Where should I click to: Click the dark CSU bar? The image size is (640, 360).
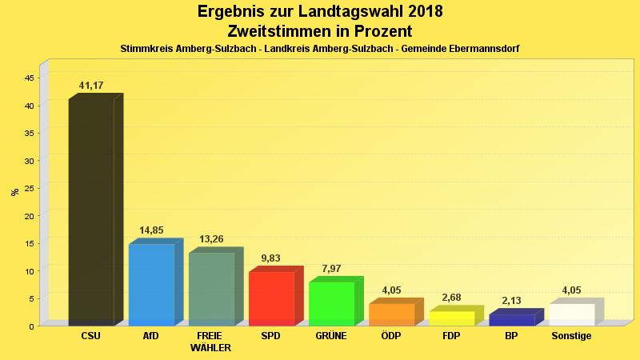pyautogui.click(x=91, y=212)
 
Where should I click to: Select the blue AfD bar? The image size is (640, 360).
pyautogui.click(x=151, y=284)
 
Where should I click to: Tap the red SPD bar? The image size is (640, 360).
pyautogui.click(x=271, y=298)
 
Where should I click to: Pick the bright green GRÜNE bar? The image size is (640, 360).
pyautogui.click(x=331, y=303)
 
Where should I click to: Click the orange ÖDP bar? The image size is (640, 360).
pyautogui.click(x=391, y=314)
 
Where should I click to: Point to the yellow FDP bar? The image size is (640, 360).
pyautogui.click(x=451, y=318)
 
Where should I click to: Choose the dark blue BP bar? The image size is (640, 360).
pyautogui.click(x=511, y=319)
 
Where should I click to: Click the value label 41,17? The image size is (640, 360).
pyautogui.click(x=91, y=86)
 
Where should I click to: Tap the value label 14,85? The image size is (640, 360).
pyautogui.click(x=151, y=230)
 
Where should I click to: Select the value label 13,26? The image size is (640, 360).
pyautogui.click(x=211, y=239)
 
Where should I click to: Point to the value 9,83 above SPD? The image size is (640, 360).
pyautogui.click(x=271, y=258)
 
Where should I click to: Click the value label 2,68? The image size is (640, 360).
pyautogui.click(x=451, y=298)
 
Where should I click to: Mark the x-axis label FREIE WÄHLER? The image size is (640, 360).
pyautogui.click(x=211, y=342)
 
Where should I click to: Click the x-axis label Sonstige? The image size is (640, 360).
pyautogui.click(x=571, y=336)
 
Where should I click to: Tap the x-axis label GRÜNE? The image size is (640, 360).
pyautogui.click(x=331, y=336)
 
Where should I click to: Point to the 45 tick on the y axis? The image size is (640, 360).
pyautogui.click(x=29, y=78)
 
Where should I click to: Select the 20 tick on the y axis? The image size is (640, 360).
pyautogui.click(x=29, y=216)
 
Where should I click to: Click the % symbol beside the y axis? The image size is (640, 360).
pyautogui.click(x=14, y=191)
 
